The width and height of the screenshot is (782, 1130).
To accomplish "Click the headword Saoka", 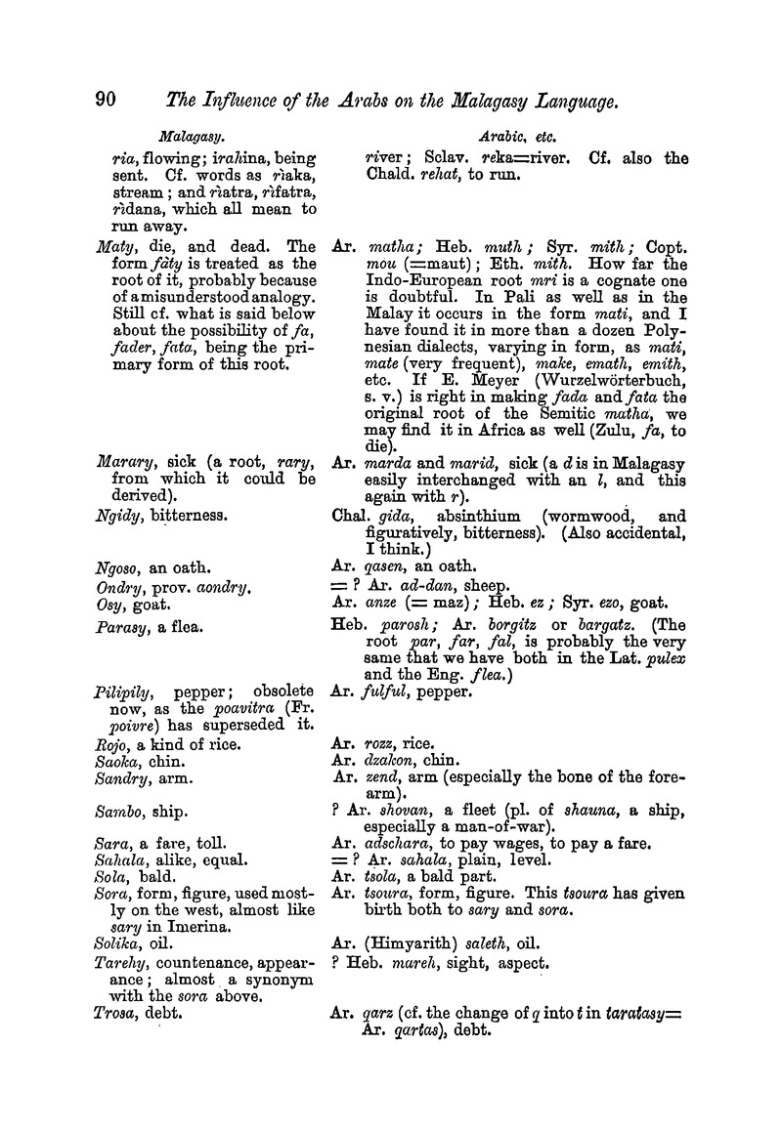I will point(110,764).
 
